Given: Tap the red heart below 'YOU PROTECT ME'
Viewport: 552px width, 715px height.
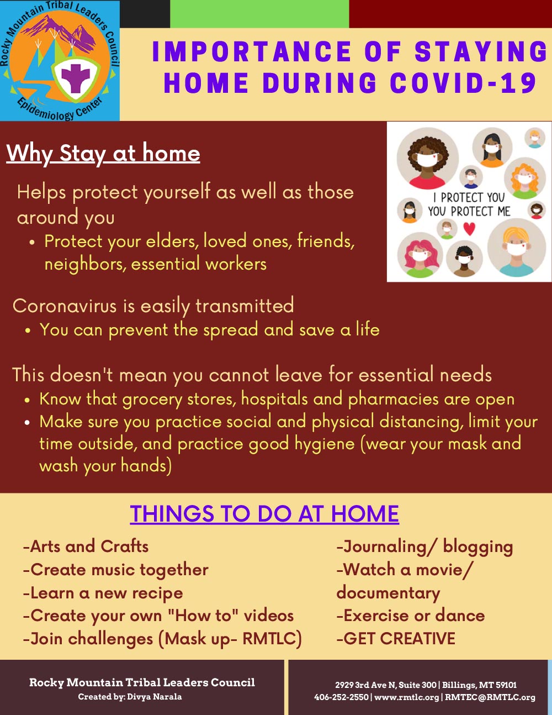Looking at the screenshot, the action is (469, 229).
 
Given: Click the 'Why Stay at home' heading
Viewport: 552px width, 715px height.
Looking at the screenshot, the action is (103, 154).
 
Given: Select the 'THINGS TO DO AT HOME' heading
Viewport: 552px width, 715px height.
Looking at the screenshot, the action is (264, 514).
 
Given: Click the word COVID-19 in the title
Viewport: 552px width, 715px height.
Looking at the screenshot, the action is (464, 82).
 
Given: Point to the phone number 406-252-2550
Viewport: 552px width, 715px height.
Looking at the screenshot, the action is (341, 697).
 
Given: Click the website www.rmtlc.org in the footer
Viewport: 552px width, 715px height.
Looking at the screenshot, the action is (407, 697).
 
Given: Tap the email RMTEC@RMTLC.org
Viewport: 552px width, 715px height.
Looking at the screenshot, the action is (490, 697).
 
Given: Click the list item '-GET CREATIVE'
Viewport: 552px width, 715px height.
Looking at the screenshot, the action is (396, 639).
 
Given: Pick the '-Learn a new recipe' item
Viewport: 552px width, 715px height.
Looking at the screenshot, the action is (103, 593).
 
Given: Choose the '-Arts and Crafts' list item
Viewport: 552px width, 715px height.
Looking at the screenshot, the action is (86, 546).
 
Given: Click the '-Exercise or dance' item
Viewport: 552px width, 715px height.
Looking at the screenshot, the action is (411, 616).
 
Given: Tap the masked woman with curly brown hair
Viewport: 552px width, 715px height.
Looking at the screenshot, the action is (428, 159).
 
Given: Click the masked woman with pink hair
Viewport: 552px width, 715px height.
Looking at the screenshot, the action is (420, 255).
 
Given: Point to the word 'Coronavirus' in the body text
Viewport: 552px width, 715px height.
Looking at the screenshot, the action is (65, 306).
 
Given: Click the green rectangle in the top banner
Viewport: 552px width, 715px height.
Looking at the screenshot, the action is (259, 14).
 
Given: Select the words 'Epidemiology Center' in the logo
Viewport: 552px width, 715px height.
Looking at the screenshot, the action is (59, 109).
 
